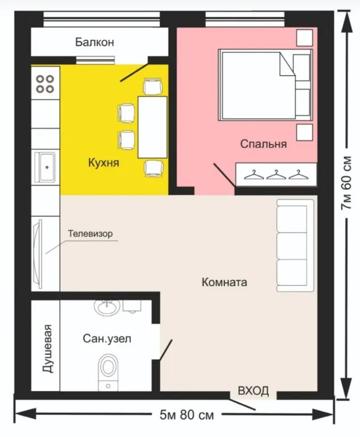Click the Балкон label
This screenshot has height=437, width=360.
[x=94, y=42]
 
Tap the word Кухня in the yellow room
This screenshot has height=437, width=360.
[x=104, y=163]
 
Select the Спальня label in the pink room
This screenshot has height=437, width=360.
[x=263, y=144]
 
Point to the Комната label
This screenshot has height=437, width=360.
[x=224, y=282]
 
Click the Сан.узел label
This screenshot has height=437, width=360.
[x=107, y=339]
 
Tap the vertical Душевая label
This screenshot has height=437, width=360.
[x=48, y=348]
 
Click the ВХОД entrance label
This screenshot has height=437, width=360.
[x=253, y=390]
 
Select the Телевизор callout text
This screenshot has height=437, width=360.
[x=90, y=233]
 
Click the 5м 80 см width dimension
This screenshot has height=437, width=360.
[x=187, y=415]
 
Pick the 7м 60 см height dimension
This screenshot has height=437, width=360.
[x=346, y=183]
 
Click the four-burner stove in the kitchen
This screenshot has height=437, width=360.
[x=45, y=84]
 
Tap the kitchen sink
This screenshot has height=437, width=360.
[x=46, y=167]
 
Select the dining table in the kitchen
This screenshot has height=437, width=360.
[x=152, y=127]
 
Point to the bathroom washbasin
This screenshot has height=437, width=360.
[x=107, y=307]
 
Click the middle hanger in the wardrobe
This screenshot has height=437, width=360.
[x=276, y=175]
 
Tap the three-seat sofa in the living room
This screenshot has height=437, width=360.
[x=295, y=246]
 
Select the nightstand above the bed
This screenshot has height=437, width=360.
[x=305, y=38]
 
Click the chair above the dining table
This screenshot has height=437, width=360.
[x=152, y=86]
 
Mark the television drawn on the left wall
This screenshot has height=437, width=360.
[x=38, y=254]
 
